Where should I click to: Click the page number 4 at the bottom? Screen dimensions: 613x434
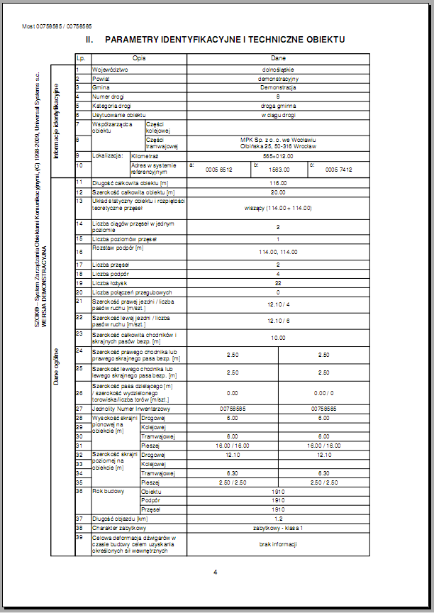215,572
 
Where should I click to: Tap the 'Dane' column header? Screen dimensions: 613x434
278,58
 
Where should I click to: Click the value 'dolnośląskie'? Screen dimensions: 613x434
278,70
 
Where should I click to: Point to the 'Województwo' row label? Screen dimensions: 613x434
110,70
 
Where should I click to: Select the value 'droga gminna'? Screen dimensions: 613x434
278,105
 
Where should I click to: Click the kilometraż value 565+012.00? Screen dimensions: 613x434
278,155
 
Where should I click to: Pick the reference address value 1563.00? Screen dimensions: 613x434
279,170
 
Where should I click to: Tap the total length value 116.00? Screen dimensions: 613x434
278,182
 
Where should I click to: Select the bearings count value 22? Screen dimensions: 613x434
278,282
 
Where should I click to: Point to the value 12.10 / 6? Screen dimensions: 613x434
278,321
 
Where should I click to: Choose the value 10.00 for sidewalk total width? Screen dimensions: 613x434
278,338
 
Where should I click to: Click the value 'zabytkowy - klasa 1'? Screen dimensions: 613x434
278,529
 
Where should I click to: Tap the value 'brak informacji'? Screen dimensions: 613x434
278,544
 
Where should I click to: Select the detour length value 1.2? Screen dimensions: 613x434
278,519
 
